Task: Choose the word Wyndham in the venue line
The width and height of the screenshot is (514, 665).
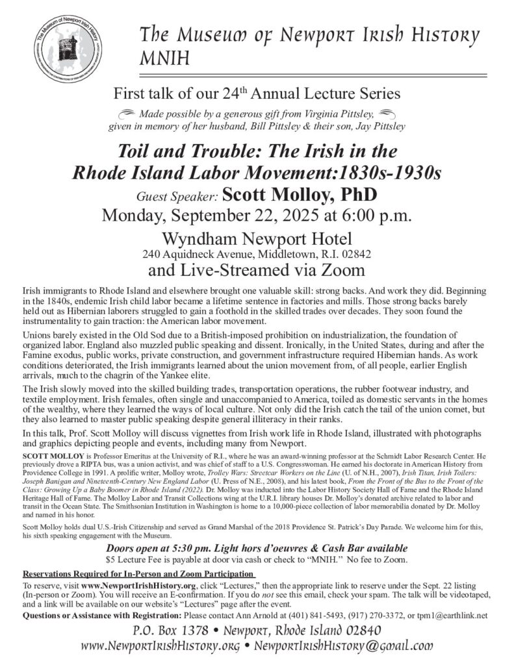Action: pos(198,238)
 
